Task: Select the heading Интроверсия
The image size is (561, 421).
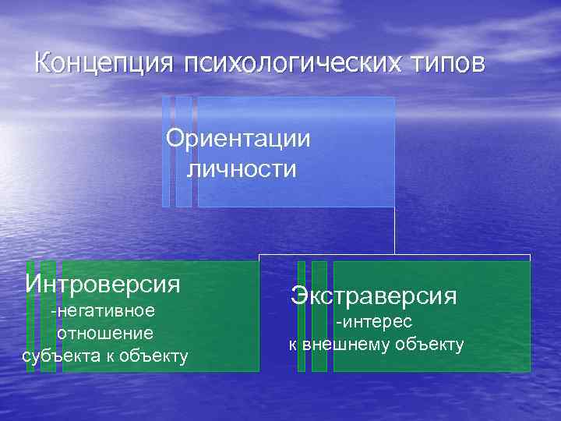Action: coord(103,282)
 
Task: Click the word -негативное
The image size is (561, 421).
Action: coord(103,311)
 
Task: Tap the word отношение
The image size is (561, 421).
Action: coord(104,334)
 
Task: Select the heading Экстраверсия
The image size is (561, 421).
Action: coord(374,295)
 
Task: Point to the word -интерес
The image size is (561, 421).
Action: coord(374,322)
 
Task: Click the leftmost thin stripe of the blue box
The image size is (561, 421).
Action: coord(166,152)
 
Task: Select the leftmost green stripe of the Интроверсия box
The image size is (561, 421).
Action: coord(30,316)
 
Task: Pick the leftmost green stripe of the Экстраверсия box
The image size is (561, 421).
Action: coord(302,316)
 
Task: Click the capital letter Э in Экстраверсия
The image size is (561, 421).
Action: coord(298,295)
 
